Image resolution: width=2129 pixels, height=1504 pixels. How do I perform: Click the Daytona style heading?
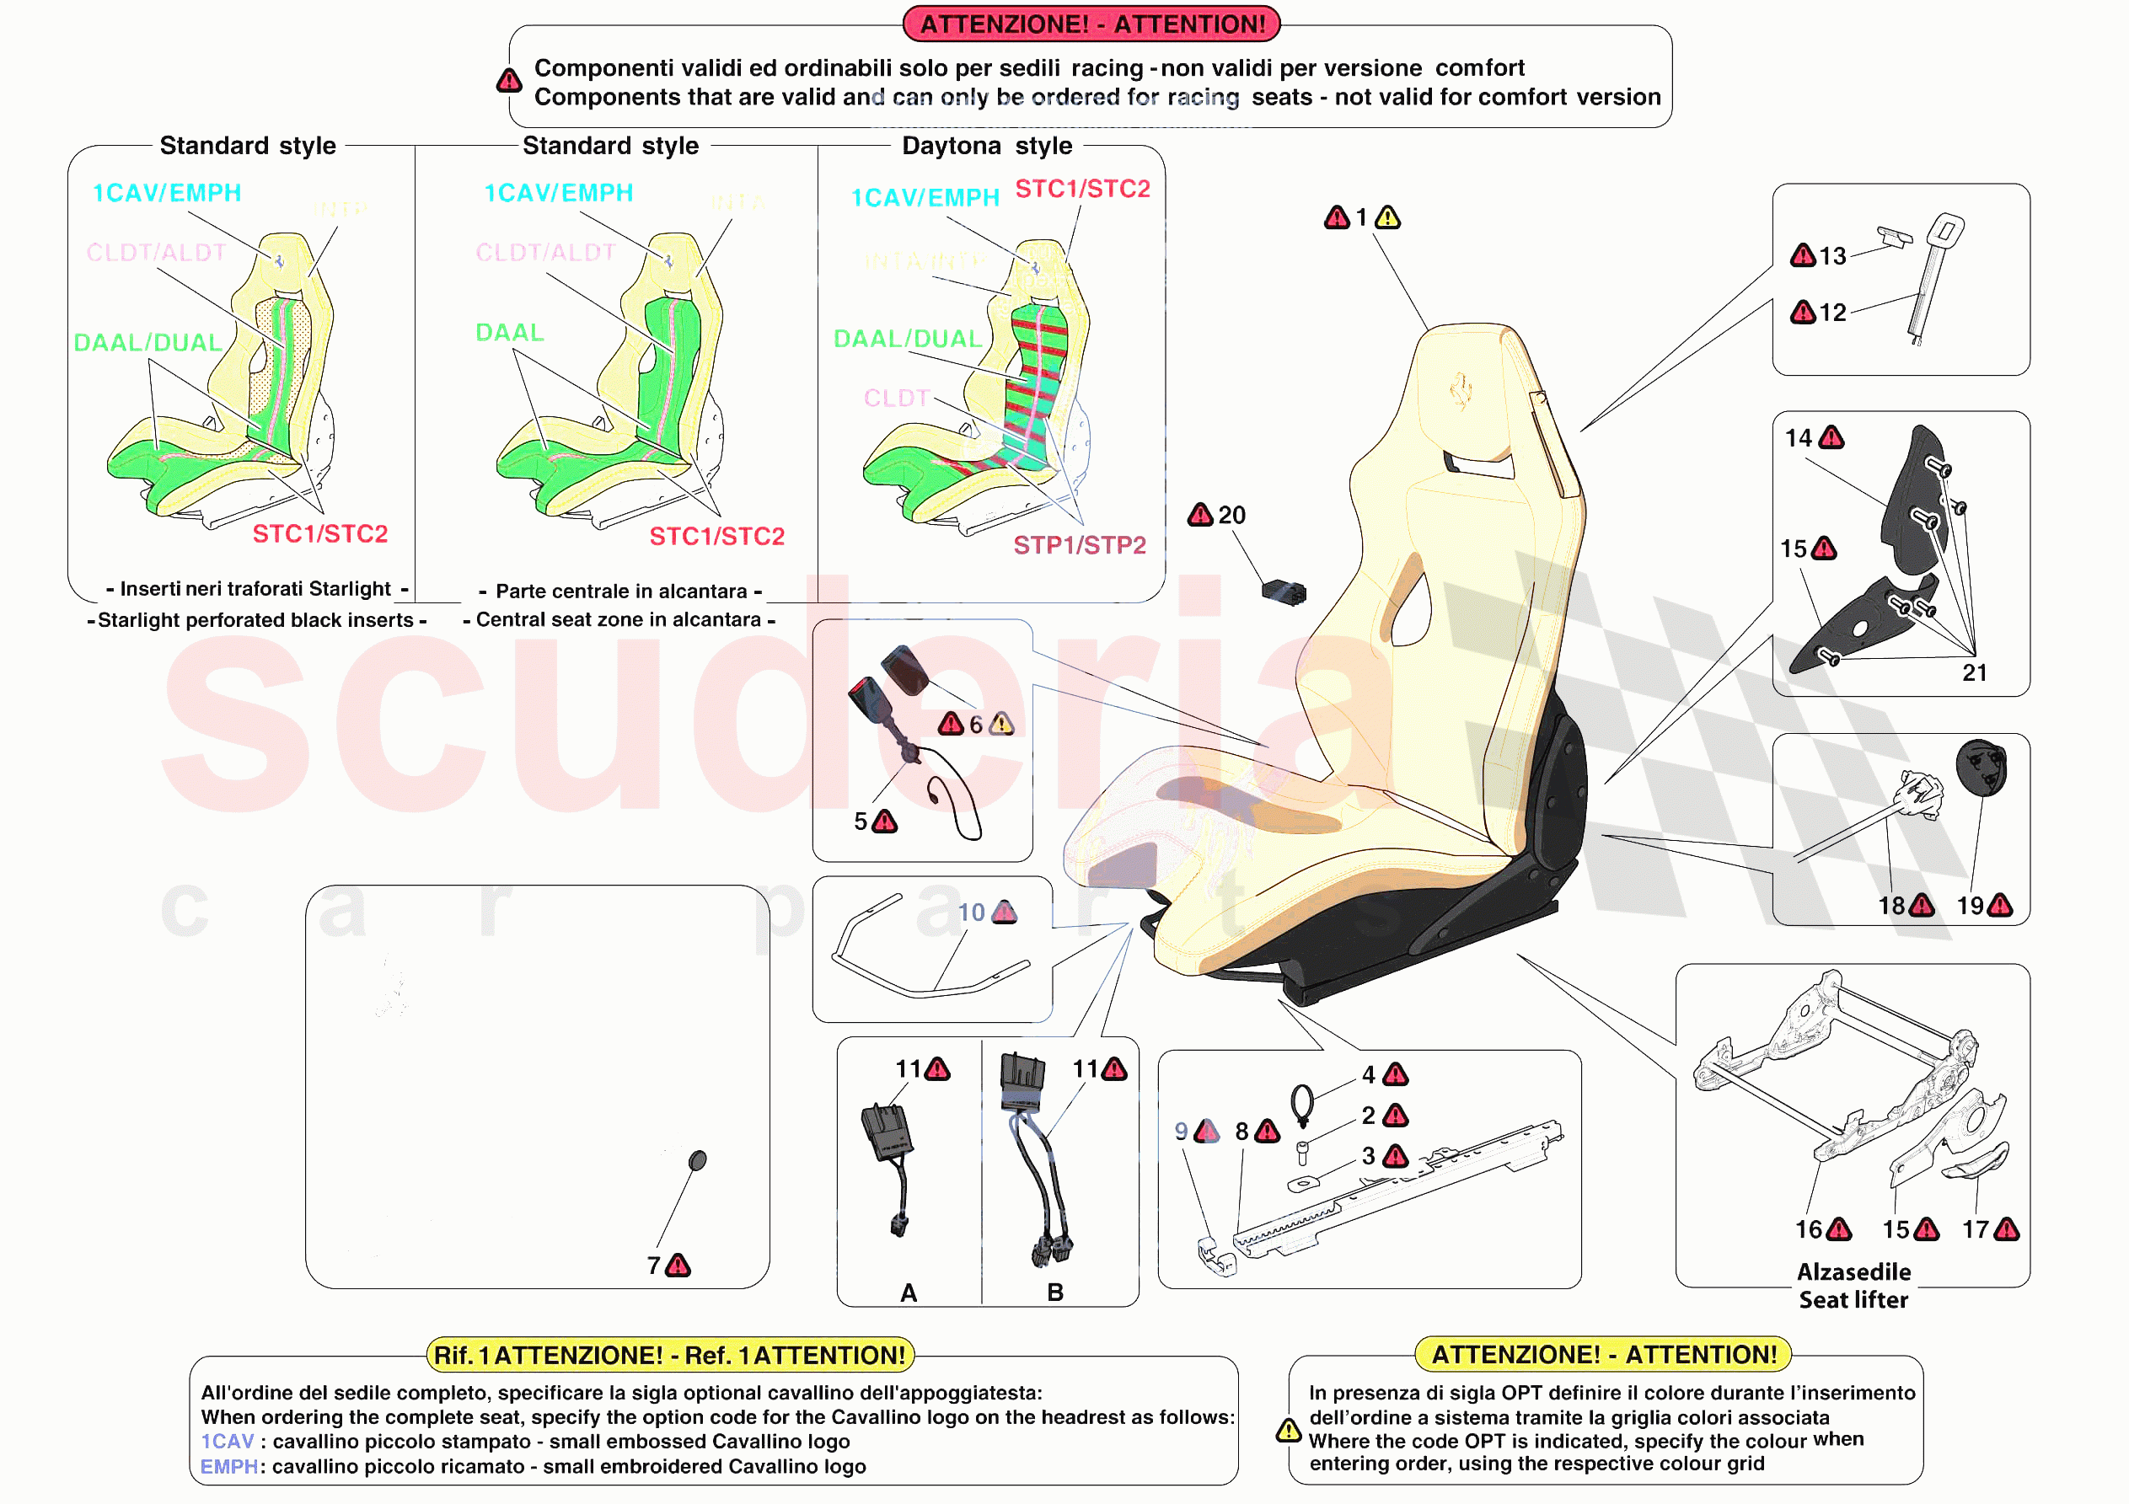coord(987,146)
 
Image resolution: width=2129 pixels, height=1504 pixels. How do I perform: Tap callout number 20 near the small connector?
coord(1231,515)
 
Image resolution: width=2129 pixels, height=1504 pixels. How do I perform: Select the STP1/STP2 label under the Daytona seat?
coord(1080,545)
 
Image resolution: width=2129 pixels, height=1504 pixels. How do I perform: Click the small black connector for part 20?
coord(1284,591)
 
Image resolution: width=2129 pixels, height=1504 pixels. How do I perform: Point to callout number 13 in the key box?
coord(1832,256)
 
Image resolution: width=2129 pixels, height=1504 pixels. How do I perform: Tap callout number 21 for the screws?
coord(1974,672)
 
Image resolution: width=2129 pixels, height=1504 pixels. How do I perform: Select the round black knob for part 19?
coord(1982,768)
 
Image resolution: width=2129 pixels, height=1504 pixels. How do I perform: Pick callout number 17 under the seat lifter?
coord(1975,1229)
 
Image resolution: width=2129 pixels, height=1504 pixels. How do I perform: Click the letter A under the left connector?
coord(909,1293)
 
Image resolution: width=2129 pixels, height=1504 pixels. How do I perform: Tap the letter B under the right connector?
coord(1055,1293)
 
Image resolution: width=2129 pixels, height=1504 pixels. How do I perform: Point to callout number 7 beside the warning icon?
coord(654,1266)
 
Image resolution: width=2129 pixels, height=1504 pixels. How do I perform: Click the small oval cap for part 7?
coord(698,1160)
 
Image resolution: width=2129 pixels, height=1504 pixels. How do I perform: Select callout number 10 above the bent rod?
coord(971,913)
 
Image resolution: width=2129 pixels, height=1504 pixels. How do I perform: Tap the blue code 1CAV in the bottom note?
coord(228,1442)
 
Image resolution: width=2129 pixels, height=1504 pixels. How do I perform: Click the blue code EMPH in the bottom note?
coord(229,1467)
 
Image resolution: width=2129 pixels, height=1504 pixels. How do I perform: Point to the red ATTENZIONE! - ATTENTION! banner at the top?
coord(1091,24)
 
